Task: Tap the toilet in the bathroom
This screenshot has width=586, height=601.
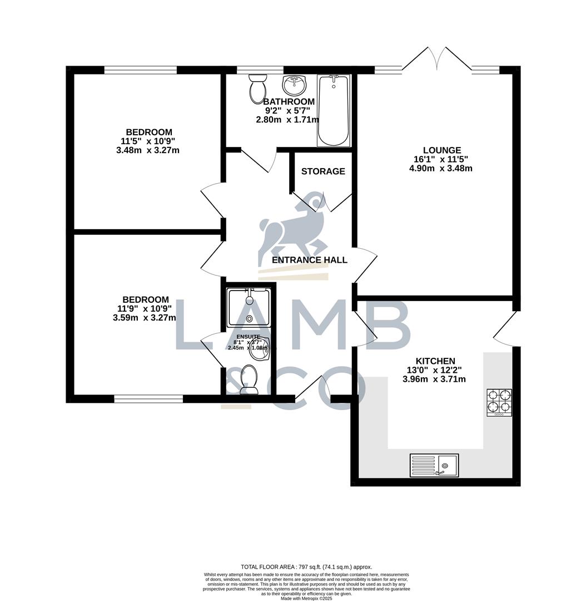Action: [257, 88]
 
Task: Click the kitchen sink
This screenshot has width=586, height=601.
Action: [434, 465]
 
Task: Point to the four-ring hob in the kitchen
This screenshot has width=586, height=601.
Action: [499, 402]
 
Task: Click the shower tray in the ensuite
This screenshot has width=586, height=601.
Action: [249, 307]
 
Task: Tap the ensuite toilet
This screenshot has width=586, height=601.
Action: [248, 380]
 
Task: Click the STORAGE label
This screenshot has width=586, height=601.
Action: [323, 171]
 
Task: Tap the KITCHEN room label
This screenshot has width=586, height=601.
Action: [434, 361]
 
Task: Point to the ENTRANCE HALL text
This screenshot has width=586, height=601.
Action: [310, 260]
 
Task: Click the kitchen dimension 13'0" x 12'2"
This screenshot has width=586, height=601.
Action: [434, 371]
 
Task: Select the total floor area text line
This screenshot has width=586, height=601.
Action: [306, 567]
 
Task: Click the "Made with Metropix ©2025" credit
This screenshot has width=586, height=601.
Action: [306, 598]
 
